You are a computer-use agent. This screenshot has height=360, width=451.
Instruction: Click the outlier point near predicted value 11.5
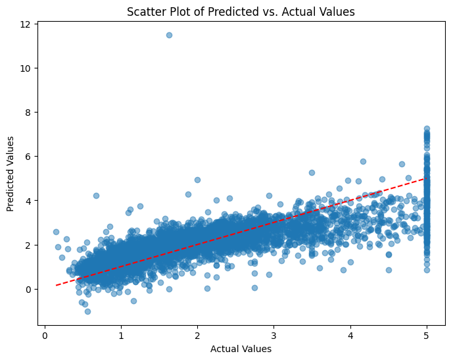pyautogui.click(x=169, y=35)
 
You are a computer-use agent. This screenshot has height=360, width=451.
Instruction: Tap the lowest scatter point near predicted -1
pyautogui.click(x=87, y=311)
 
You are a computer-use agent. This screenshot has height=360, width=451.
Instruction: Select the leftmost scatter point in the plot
pyautogui.click(x=56, y=232)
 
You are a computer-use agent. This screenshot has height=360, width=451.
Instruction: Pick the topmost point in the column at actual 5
pyautogui.click(x=427, y=129)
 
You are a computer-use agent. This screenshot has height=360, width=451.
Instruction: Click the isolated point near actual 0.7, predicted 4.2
pyautogui.click(x=96, y=195)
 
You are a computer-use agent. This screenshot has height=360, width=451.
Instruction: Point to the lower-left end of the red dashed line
pyautogui.click(x=57, y=285)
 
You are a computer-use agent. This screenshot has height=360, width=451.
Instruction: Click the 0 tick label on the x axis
pyautogui.click(x=45, y=335)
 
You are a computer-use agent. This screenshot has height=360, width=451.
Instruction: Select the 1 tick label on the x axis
pyautogui.click(x=121, y=335)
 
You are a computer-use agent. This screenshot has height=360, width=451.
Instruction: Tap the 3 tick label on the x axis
pyautogui.click(x=274, y=335)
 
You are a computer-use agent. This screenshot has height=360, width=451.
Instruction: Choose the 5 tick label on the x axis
pyautogui.click(x=427, y=335)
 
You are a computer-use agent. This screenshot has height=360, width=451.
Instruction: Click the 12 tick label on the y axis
pyautogui.click(x=25, y=24)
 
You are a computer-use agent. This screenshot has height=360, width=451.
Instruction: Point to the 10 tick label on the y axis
pyautogui.click(x=25, y=68)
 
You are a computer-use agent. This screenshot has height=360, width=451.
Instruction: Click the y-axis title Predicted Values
pyautogui.click(x=11, y=174)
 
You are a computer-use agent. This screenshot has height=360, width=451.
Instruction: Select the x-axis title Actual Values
pyautogui.click(x=241, y=349)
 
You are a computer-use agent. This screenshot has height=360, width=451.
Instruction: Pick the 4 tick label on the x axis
pyautogui.click(x=350, y=335)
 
